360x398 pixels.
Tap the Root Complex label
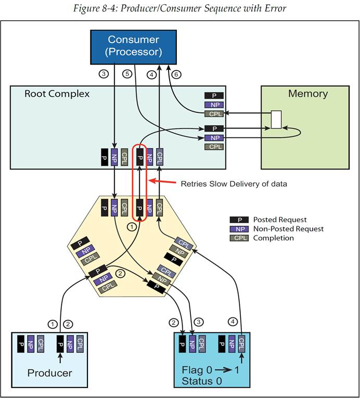click(x=57, y=94)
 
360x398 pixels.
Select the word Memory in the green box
click(x=308, y=94)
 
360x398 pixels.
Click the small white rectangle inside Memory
click(x=276, y=120)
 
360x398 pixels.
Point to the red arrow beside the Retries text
click(x=162, y=183)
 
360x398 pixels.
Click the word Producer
click(x=49, y=373)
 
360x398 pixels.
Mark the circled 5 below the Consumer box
click(x=126, y=74)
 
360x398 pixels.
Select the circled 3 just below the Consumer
click(x=104, y=74)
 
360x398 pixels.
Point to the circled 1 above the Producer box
click(x=52, y=324)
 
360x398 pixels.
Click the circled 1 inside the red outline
click(x=131, y=227)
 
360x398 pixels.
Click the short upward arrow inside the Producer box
click(x=61, y=357)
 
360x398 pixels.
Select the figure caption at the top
click(x=179, y=8)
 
